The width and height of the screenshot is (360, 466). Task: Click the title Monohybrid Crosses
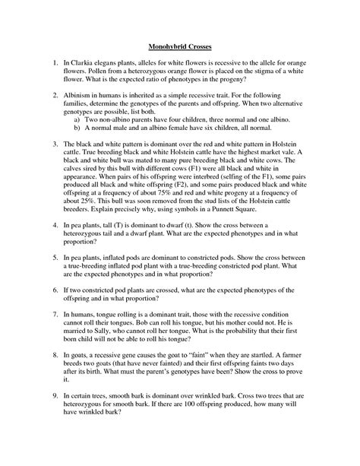[x=179, y=48]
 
